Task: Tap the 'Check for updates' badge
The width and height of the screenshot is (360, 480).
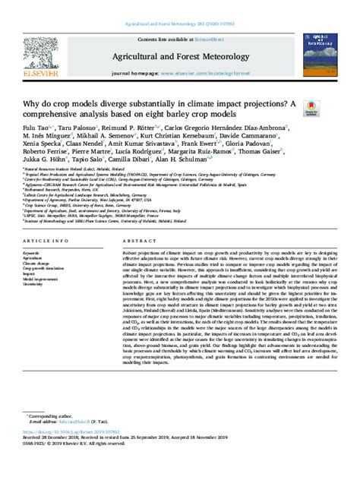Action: (311, 111)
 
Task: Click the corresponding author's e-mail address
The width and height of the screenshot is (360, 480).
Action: (88, 422)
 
